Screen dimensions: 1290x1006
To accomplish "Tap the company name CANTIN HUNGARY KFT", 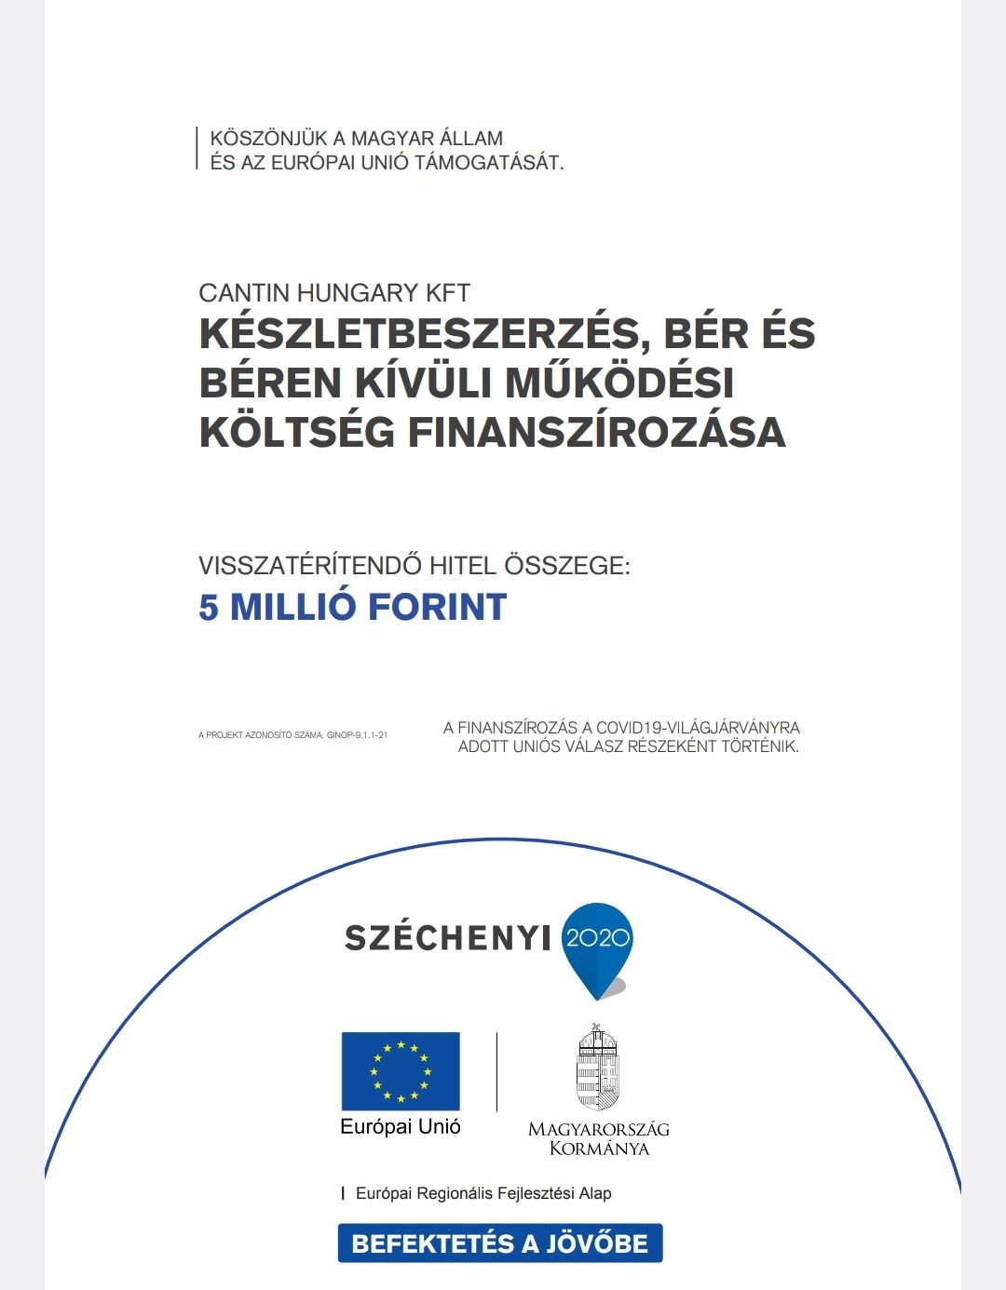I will click(x=334, y=293).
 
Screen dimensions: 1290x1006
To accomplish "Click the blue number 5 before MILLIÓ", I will click(x=209, y=608).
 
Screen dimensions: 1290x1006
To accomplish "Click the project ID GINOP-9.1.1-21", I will click(x=357, y=735).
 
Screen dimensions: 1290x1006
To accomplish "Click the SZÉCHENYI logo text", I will click(x=448, y=938).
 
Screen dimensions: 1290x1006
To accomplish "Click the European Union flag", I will click(x=401, y=1070).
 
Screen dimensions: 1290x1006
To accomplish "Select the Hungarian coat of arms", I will click(x=597, y=1068).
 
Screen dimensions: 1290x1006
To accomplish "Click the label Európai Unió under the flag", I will click(x=401, y=1127).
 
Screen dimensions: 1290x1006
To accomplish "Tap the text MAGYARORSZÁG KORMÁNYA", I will click(x=598, y=1138).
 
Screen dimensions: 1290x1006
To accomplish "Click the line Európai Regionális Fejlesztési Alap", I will click(x=483, y=1193).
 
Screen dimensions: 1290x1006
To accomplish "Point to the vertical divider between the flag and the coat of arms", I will click(x=496, y=1071).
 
